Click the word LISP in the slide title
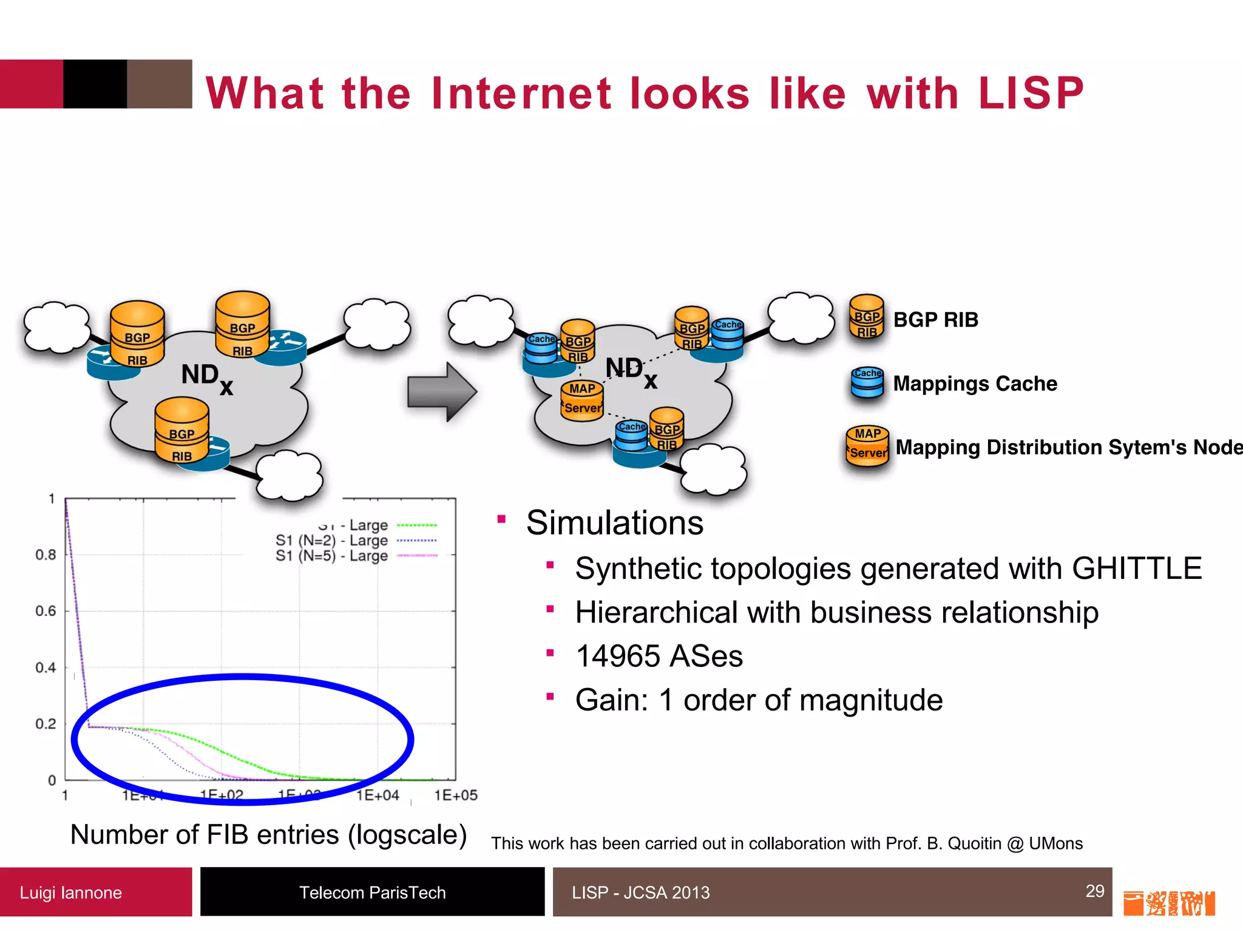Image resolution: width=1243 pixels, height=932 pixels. click(1031, 93)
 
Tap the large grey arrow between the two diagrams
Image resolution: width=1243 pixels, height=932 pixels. click(442, 392)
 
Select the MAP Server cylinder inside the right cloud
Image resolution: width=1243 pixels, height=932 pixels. click(582, 400)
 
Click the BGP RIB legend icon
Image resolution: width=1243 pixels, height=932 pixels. click(867, 317)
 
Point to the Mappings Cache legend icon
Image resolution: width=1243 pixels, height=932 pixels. click(867, 382)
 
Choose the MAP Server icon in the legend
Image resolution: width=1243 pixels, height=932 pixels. click(867, 445)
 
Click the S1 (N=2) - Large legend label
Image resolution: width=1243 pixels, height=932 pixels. click(331, 540)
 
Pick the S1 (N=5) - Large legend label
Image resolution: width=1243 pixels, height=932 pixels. click(331, 556)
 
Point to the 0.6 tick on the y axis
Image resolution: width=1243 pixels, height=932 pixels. click(46, 611)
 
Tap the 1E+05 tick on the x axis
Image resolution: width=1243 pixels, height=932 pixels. click(456, 795)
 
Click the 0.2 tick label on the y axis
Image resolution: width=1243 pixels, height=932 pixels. click(46, 724)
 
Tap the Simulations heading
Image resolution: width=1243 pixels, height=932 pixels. click(614, 523)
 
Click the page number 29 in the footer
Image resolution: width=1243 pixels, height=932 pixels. click(1095, 891)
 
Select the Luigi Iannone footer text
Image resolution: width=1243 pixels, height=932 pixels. click(71, 893)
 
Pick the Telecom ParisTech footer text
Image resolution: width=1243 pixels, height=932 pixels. click(372, 893)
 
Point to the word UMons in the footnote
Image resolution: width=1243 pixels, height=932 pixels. click(1055, 843)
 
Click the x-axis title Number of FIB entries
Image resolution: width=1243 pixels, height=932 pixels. click(268, 835)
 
